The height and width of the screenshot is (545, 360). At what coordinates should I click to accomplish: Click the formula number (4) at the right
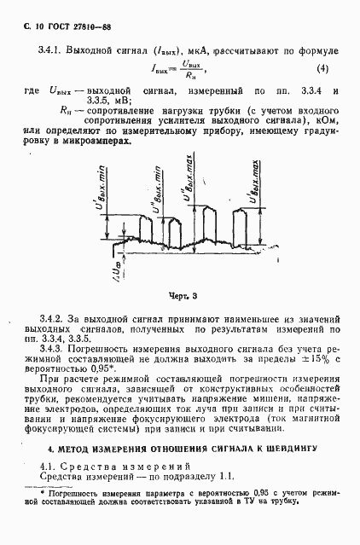click(322, 68)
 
